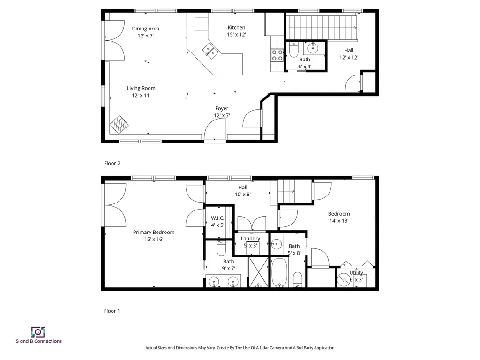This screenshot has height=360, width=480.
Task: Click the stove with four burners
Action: click(x=277, y=56)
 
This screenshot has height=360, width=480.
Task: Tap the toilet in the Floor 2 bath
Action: click(x=293, y=49)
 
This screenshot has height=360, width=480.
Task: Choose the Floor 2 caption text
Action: click(x=112, y=163)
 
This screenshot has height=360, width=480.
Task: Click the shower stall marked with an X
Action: click(x=259, y=272)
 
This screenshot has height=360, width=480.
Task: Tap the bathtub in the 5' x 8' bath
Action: click(x=280, y=273)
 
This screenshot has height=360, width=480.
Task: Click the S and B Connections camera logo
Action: click(x=38, y=332)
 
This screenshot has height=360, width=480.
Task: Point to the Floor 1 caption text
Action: click(x=112, y=311)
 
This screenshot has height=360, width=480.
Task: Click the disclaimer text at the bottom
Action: click(x=240, y=348)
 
